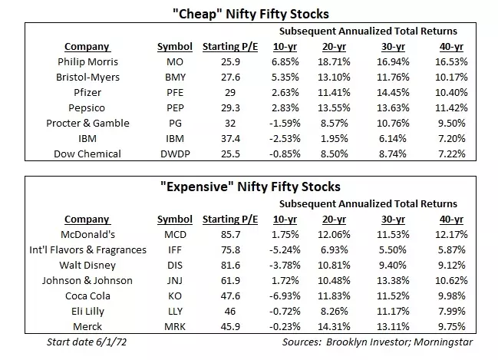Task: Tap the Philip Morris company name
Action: tap(87, 61)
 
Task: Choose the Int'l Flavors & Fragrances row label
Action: tap(87, 250)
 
